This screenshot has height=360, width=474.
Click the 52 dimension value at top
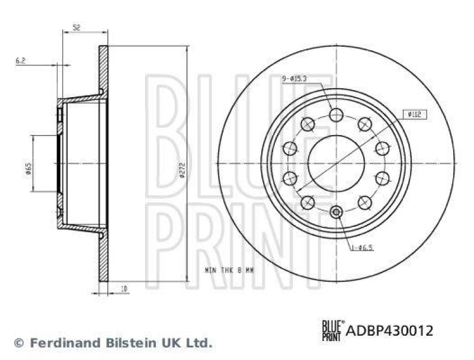[x=76, y=27]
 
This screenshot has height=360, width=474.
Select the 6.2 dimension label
[x=21, y=60]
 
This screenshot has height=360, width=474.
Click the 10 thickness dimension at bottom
[x=123, y=288]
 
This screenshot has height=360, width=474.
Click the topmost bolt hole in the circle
[x=336, y=115]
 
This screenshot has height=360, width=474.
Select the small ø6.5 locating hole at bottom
[x=336, y=213]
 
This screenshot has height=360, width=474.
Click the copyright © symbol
[x=18, y=342]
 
